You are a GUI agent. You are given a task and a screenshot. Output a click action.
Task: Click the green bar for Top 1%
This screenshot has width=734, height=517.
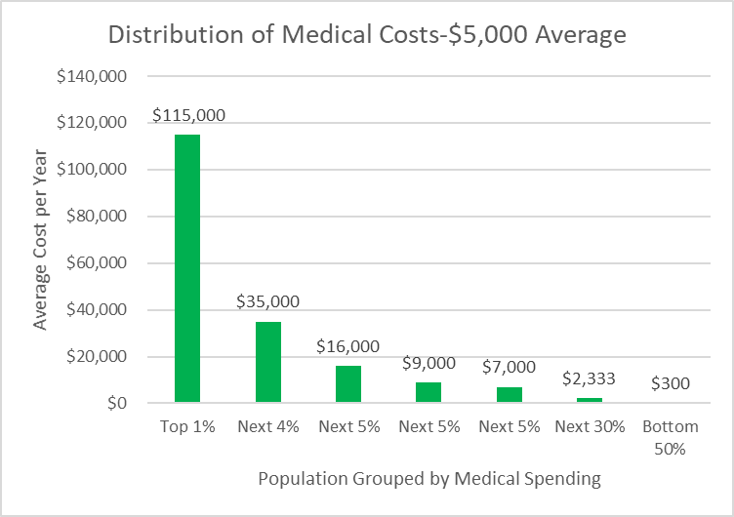coord(187,268)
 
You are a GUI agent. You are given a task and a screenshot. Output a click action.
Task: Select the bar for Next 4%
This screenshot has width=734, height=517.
coord(268,362)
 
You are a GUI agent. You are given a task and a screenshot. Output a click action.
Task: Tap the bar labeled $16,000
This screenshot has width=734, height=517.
coord(348,384)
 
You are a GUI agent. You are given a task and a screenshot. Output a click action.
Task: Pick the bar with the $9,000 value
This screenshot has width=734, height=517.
coord(428,392)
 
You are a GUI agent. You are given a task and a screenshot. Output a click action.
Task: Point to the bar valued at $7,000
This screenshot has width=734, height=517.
coord(510,395)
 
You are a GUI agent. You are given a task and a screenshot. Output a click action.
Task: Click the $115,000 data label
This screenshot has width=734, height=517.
coord(188,115)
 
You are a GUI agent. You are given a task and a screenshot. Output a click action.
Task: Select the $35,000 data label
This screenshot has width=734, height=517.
coord(267,301)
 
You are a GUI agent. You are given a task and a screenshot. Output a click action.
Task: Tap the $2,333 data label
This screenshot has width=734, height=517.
coord(589,378)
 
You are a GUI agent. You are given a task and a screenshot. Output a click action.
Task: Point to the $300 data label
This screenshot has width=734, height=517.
coord(671,383)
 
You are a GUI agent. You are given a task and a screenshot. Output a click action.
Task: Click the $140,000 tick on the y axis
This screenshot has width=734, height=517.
coord(92,76)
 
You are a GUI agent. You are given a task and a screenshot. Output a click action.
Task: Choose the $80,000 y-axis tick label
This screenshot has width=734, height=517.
coord(97,217)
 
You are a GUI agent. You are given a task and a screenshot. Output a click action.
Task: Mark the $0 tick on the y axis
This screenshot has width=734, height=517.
coord(117,403)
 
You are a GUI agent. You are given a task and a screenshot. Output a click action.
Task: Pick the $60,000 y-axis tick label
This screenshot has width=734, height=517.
coord(97,263)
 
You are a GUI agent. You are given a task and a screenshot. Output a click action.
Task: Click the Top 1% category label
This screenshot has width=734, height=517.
coord(187,426)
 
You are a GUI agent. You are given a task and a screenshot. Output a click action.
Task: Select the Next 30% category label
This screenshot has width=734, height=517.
coord(590,426)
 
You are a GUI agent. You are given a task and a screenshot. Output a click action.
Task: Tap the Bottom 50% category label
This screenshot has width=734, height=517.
coord(671,437)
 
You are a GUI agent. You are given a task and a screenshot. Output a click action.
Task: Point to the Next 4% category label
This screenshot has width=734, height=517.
coord(268,426)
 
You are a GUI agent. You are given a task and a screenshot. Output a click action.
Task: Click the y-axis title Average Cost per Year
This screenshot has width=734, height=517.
coord(40,240)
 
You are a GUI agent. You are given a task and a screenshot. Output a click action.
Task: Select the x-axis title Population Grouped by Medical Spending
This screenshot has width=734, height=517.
coord(429,479)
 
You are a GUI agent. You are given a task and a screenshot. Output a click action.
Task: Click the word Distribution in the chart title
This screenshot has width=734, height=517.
coord(176,34)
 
